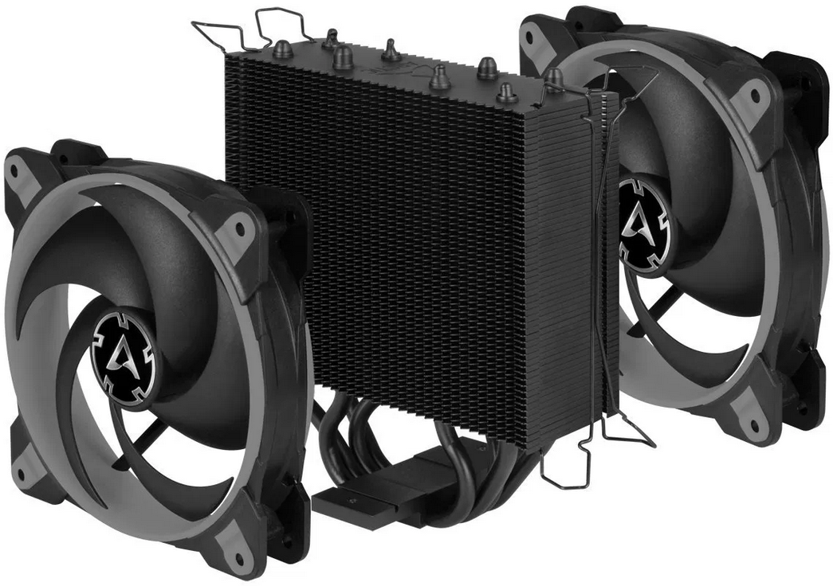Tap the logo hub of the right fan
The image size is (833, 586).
[x=643, y=221]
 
